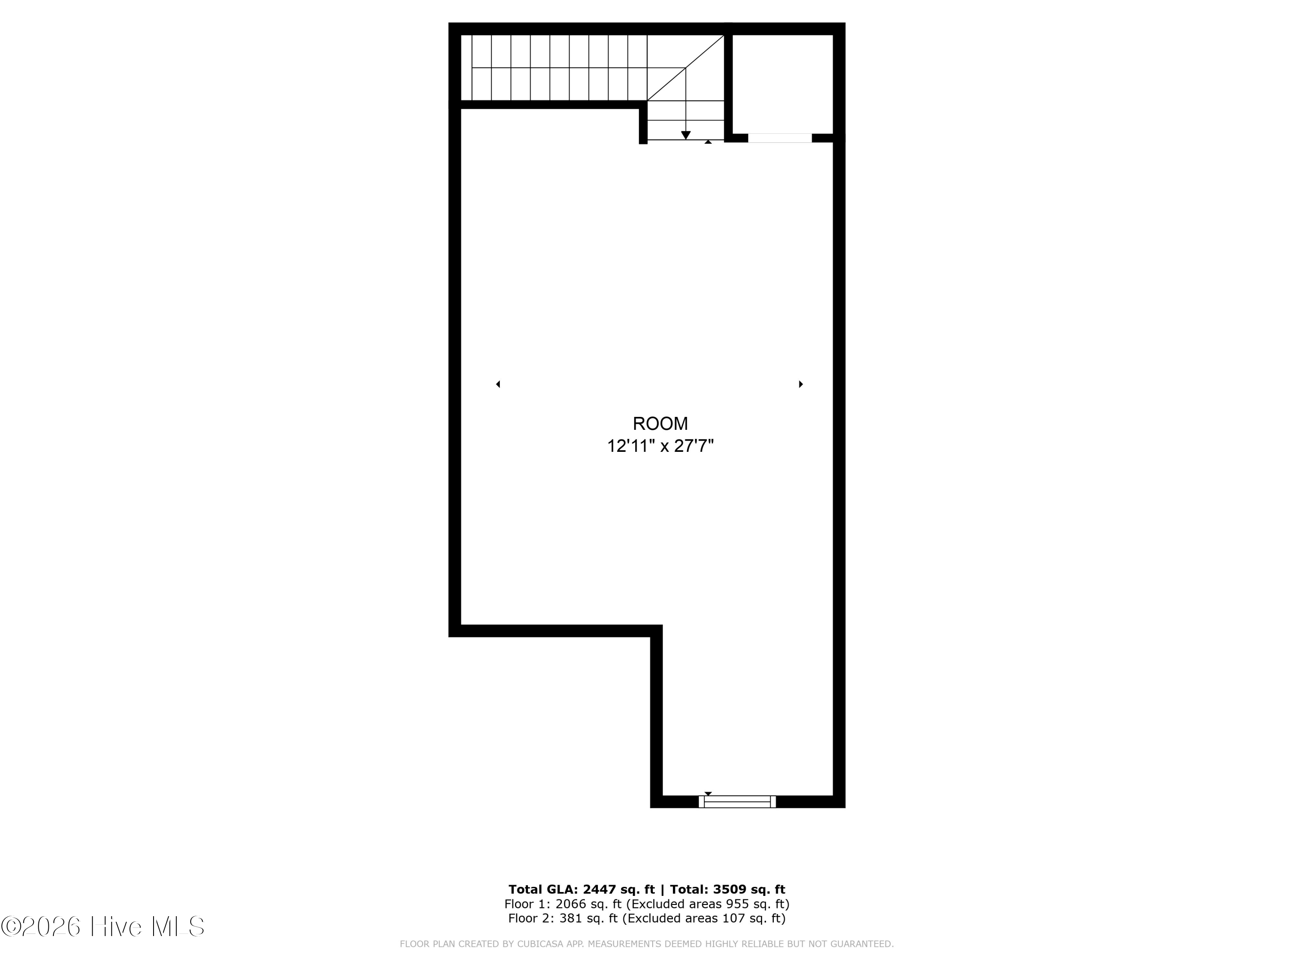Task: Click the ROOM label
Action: coord(660,423)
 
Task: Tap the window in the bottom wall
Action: coord(737,802)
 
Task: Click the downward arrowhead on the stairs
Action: coord(686,135)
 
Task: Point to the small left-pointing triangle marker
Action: coord(498,384)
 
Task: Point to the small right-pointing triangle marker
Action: coord(801,384)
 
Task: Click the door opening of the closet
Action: coord(780,138)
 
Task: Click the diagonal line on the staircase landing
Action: coord(686,68)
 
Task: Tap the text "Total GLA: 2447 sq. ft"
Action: coord(581,889)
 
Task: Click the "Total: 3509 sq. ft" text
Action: coord(727,889)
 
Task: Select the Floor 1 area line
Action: coord(647,904)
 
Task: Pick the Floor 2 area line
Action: coord(647,918)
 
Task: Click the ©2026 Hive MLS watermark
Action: coord(103,927)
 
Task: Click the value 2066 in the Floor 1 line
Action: coord(570,904)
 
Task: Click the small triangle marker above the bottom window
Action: coord(708,794)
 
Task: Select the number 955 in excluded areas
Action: coord(737,904)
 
